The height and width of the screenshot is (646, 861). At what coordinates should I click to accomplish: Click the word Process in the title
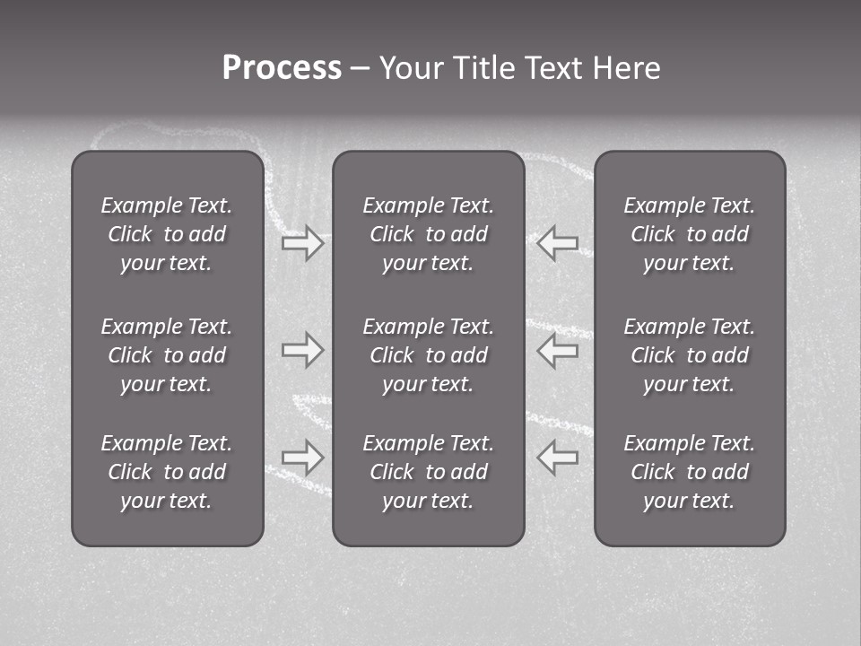tap(282, 68)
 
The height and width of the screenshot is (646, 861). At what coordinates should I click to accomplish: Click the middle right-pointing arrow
tap(303, 350)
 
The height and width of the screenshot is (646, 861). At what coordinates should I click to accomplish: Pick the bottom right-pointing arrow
tap(303, 458)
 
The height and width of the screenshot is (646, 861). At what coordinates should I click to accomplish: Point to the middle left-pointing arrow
tap(557, 350)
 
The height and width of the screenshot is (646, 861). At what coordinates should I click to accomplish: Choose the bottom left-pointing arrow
tap(557, 458)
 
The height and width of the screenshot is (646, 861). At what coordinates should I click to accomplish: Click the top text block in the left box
tap(167, 234)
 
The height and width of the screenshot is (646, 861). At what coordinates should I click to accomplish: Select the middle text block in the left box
tap(167, 355)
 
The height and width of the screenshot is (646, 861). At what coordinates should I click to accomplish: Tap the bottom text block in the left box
tap(167, 472)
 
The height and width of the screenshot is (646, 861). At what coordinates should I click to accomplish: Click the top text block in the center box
tap(428, 234)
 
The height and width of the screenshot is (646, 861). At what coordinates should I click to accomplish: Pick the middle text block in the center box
tap(428, 355)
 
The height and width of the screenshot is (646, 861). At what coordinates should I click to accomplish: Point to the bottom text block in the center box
tap(428, 472)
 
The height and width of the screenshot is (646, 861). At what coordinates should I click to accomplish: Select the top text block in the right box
tap(689, 234)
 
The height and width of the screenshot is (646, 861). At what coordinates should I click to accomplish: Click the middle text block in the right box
tap(689, 355)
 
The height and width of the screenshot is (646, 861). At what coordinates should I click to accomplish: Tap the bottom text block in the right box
tap(689, 472)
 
